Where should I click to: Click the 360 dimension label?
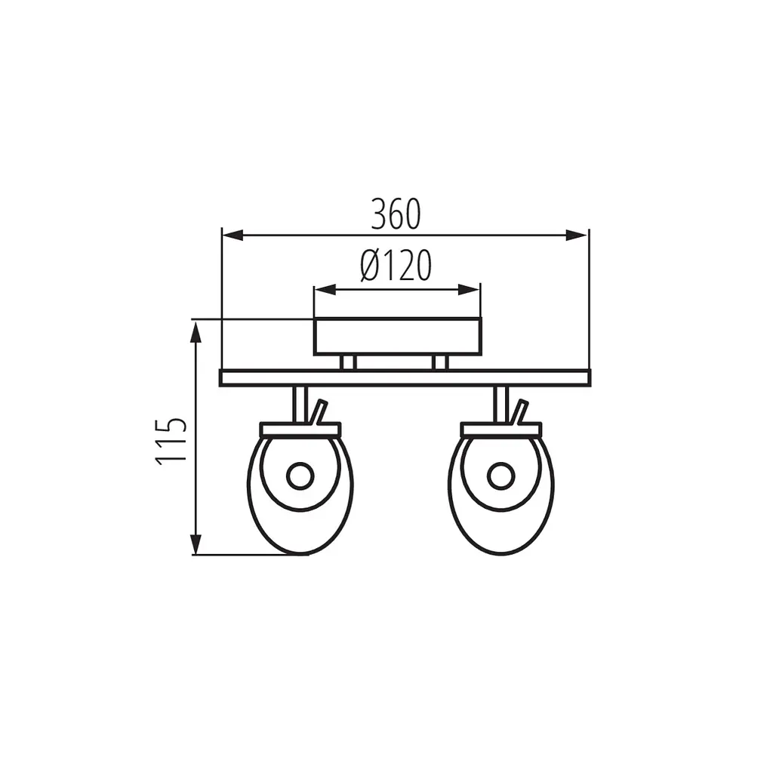(396, 214)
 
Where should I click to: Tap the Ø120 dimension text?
(396, 265)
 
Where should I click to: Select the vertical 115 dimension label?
(171, 442)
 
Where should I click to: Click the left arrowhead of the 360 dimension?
(233, 236)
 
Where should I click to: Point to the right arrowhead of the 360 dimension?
(577, 236)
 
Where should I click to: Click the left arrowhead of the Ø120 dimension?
(325, 290)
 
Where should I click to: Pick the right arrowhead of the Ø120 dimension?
(469, 290)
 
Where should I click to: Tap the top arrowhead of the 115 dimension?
(196, 332)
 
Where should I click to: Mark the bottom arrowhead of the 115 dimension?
(196, 544)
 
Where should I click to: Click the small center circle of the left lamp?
(300, 477)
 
